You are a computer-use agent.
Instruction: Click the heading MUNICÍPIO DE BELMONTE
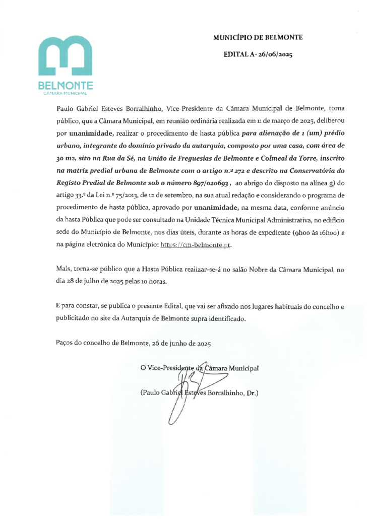(x=258, y=37)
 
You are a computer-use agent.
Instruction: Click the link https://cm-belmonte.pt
(x=196, y=245)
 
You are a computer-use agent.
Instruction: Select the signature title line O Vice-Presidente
(x=200, y=367)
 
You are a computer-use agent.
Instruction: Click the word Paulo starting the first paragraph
(x=65, y=108)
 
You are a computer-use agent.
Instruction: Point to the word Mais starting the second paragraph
(x=64, y=270)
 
